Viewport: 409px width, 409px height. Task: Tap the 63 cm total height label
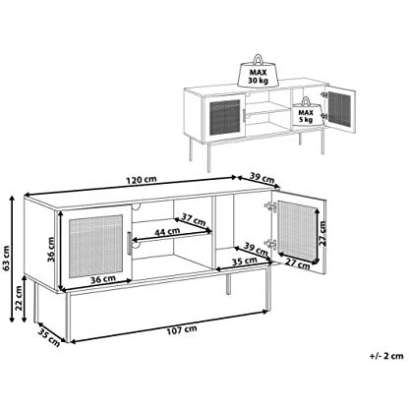(6, 259)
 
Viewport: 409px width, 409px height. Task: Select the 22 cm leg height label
(19, 298)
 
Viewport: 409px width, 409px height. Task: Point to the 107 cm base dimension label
(182, 330)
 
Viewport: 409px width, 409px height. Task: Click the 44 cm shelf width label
(167, 232)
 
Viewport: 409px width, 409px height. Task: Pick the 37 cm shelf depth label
(194, 219)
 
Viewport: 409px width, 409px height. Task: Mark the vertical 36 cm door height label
(51, 250)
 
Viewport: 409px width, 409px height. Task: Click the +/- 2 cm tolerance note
(386, 356)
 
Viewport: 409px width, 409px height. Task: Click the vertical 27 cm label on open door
(322, 233)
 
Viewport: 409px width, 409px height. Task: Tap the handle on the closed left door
(130, 243)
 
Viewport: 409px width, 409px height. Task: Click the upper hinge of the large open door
(269, 206)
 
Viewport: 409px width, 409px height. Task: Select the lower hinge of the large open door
(270, 244)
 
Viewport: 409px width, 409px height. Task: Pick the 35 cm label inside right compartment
(245, 262)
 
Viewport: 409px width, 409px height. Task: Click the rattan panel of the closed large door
(95, 246)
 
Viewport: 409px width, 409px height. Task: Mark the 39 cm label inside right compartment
(256, 249)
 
